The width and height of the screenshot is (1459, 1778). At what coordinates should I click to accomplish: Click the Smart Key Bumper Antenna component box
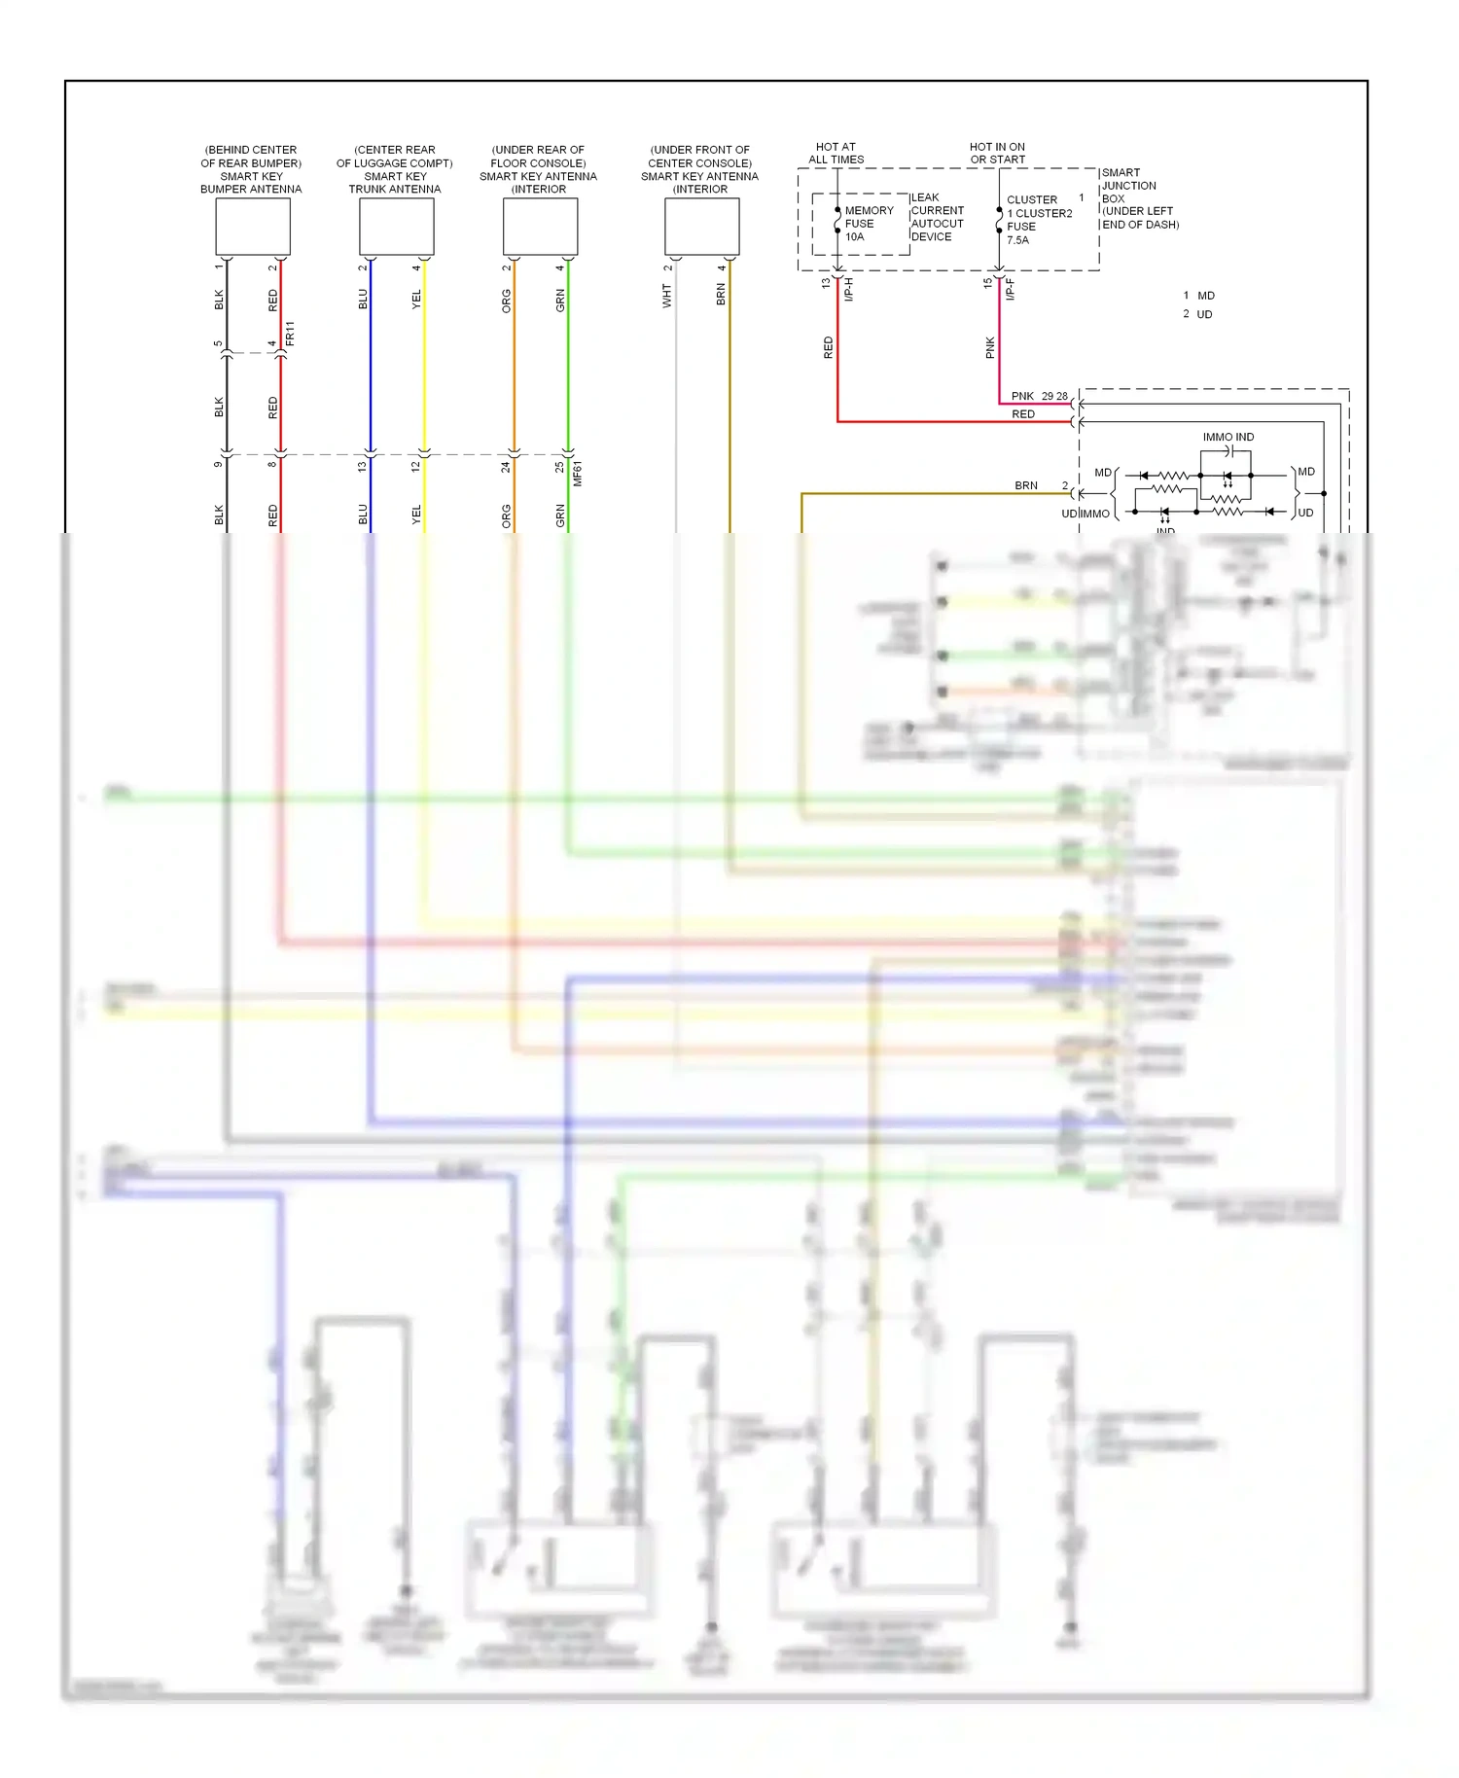coord(252,227)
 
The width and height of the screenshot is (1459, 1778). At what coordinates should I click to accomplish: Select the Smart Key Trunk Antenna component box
coord(396,227)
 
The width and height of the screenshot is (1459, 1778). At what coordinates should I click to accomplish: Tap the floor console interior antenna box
coord(540,227)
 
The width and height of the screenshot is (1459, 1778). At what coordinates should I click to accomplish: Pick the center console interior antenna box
coord(701,227)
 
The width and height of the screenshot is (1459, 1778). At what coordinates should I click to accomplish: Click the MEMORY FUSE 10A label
coord(867,224)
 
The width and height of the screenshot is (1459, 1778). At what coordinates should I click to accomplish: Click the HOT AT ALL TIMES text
coord(836,154)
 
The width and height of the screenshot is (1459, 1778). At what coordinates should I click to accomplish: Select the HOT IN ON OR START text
coord(997,154)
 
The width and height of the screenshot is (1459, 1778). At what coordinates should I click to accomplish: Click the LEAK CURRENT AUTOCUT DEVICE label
coord(937,217)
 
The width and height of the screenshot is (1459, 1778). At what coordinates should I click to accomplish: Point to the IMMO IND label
coord(1228,438)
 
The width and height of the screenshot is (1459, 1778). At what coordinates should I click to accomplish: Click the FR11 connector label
coord(290,334)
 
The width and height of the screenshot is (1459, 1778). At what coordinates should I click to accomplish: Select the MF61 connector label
coord(578,473)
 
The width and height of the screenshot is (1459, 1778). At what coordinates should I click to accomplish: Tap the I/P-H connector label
coord(849,289)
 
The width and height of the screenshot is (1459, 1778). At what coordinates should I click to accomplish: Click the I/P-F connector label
coord(1011,289)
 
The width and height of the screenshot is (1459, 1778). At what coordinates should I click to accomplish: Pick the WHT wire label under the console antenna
coord(667,296)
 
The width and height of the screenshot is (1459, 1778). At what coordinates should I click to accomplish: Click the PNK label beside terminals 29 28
coord(1022,396)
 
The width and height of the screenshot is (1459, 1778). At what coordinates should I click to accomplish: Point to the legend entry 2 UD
coord(1197,314)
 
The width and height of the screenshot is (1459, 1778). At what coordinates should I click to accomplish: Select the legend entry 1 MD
coord(1198,296)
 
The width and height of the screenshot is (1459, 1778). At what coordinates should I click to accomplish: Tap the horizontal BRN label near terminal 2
coord(1026,485)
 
